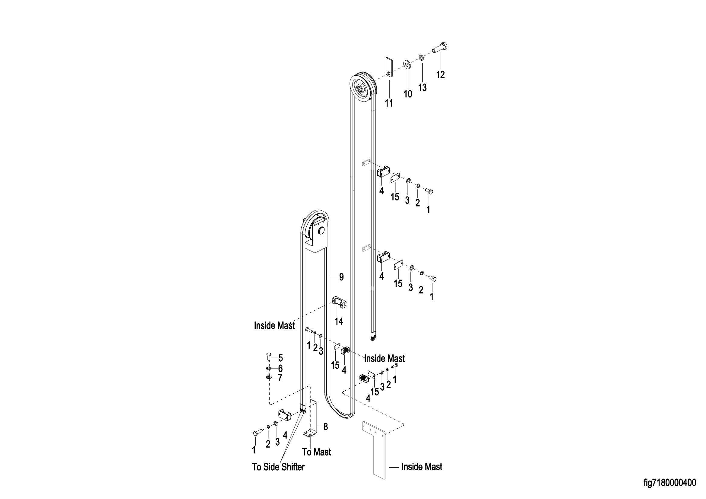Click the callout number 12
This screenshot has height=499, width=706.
(440, 75)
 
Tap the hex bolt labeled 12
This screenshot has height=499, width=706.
(440, 48)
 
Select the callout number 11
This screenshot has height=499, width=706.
(389, 103)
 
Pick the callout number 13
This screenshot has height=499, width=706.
(422, 88)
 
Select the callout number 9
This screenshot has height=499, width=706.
(341, 277)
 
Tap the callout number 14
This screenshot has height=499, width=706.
(339, 321)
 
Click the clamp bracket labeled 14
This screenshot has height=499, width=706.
(339, 302)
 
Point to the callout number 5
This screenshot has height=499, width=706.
(280, 358)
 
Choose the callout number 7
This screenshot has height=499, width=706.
(280, 378)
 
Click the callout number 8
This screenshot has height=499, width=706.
(326, 427)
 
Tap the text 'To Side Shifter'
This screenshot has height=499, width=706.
(278, 467)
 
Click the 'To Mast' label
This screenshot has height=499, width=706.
(316, 452)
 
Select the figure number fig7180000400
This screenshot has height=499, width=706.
(670, 483)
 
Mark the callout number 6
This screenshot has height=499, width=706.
(280, 368)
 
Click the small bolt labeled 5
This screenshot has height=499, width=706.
(269, 357)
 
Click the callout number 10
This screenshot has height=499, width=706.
(408, 94)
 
